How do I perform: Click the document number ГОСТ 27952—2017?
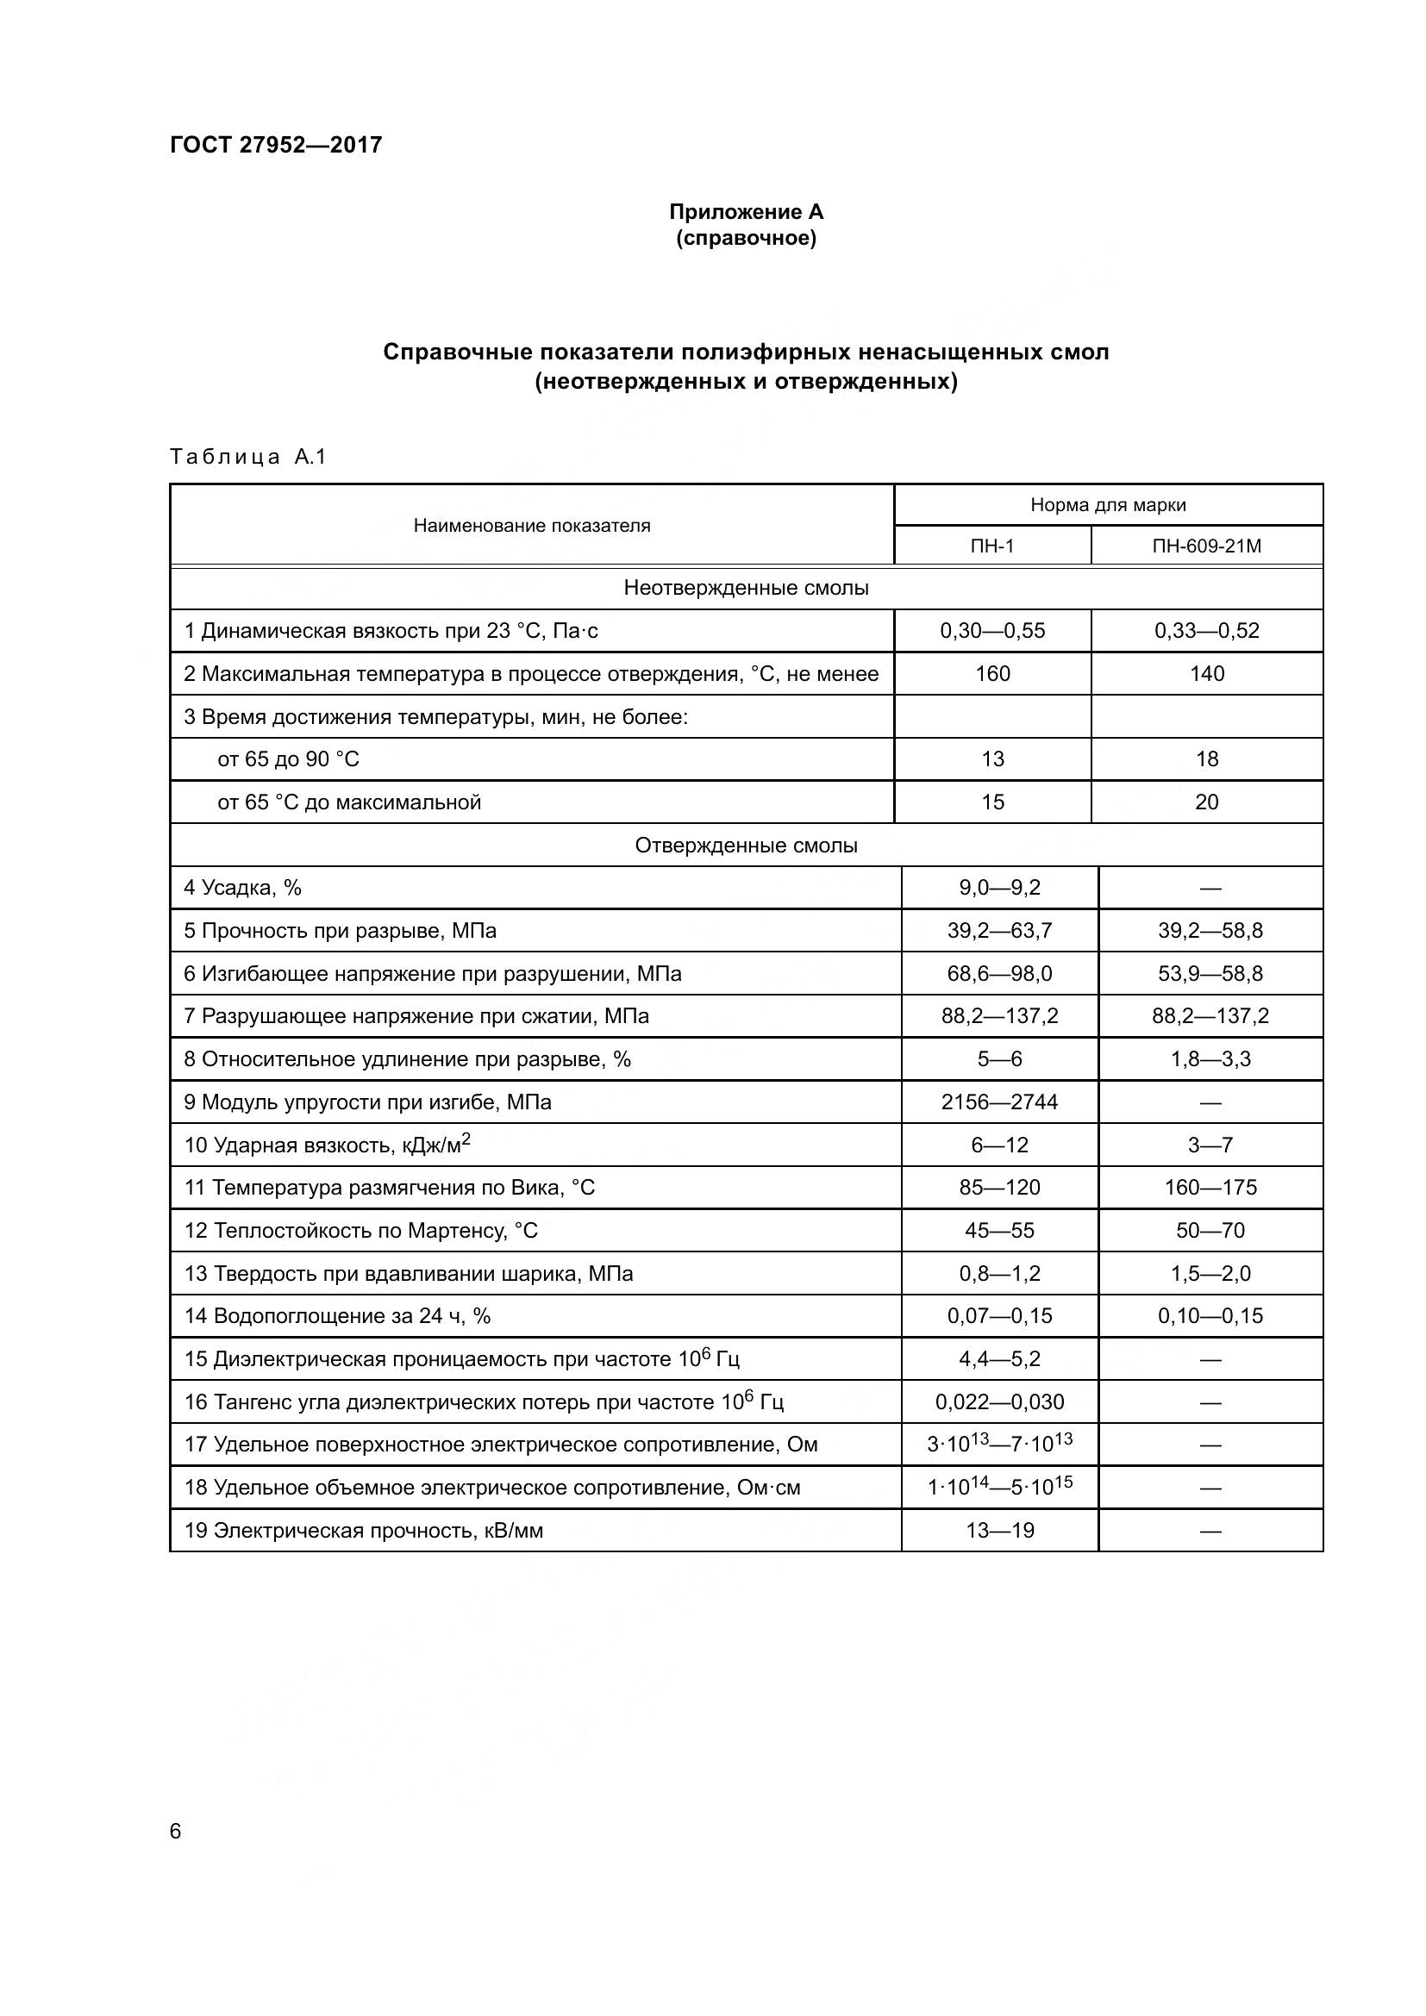[x=276, y=145]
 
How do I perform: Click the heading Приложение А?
[x=746, y=212]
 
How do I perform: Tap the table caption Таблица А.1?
[x=247, y=457]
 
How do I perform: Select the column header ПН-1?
[x=991, y=546]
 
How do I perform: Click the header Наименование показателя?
[x=531, y=526]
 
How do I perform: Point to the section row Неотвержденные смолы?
[x=746, y=589]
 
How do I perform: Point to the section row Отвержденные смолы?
[x=746, y=846]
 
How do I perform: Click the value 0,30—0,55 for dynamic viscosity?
[x=991, y=630]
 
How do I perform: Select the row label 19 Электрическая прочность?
[x=363, y=1532]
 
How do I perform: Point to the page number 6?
[x=175, y=1832]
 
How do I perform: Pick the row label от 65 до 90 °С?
[x=288, y=759]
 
